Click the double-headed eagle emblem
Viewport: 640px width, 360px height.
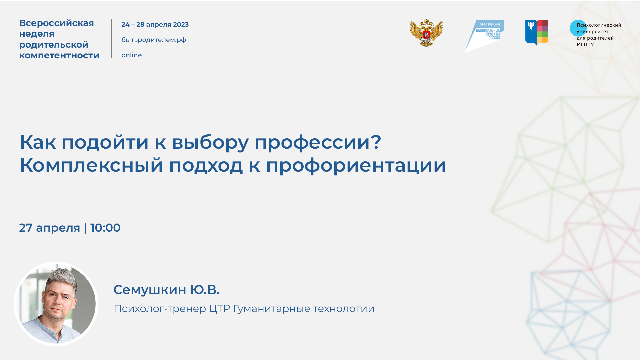[426, 33]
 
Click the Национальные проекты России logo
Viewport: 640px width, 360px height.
[485, 35]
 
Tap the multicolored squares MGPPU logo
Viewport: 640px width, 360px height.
[537, 32]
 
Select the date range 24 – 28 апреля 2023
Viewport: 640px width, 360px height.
[155, 25]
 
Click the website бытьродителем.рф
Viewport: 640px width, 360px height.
[154, 40]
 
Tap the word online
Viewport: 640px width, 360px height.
[131, 55]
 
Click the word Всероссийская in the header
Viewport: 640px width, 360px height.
[57, 23]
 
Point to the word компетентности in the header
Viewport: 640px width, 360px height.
[59, 55]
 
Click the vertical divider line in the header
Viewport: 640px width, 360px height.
[111, 39]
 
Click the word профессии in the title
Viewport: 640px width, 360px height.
[318, 142]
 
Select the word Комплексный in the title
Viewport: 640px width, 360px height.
[91, 165]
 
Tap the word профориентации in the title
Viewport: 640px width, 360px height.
[356, 165]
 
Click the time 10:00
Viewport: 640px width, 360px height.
[105, 228]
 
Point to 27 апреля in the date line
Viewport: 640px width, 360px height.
[49, 228]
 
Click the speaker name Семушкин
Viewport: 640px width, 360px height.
[150, 290]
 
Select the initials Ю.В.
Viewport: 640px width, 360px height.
[205, 290]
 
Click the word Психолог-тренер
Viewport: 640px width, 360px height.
[160, 309]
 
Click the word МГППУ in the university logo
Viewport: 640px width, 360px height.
[585, 45]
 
